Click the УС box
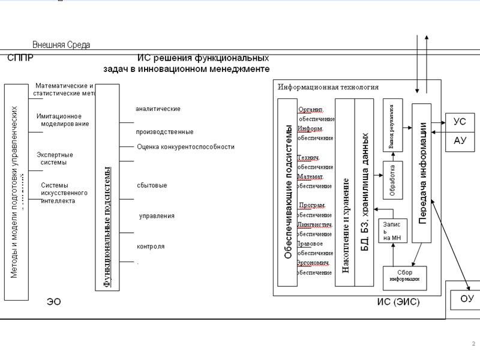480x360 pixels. tap(460, 122)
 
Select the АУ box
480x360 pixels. tap(460, 141)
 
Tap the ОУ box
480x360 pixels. tap(467, 299)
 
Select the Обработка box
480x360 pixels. tap(392, 180)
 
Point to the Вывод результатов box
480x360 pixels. tap(392, 130)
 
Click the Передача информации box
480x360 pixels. tap(422, 173)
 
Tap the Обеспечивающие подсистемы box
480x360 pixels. tap(287, 192)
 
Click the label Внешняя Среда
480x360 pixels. tap(61, 45)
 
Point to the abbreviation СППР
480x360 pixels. tap(20, 58)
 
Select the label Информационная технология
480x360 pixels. tap(328, 87)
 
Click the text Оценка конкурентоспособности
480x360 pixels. tap(185, 146)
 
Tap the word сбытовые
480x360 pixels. tap(151, 185)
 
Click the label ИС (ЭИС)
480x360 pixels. tap(398, 302)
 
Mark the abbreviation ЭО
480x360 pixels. tap(54, 302)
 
